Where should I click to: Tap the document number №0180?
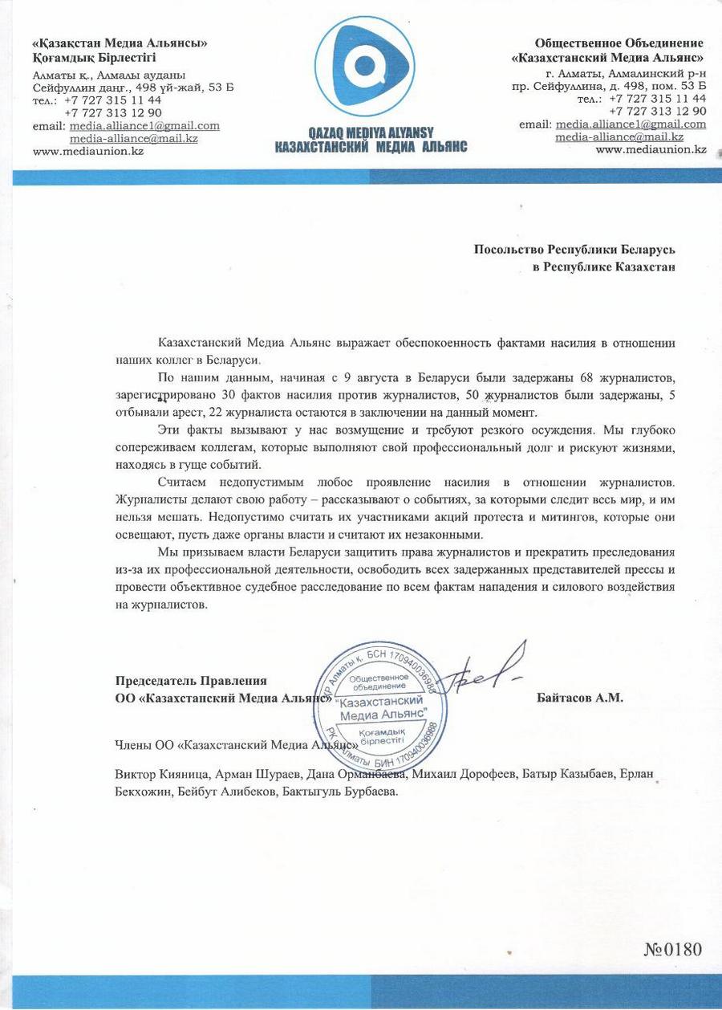pyautogui.click(x=672, y=949)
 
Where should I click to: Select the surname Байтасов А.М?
pyautogui.click(x=579, y=698)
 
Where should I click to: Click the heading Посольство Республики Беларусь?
pyautogui.click(x=574, y=250)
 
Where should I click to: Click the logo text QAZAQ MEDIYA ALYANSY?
pyautogui.click(x=370, y=134)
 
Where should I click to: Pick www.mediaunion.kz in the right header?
pyautogui.click(x=651, y=149)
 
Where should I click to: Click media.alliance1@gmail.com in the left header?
pyautogui.click(x=144, y=126)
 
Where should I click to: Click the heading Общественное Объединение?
pyautogui.click(x=619, y=43)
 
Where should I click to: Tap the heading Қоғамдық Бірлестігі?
pyautogui.click(x=94, y=58)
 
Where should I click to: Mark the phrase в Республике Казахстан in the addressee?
pyautogui.click(x=604, y=267)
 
